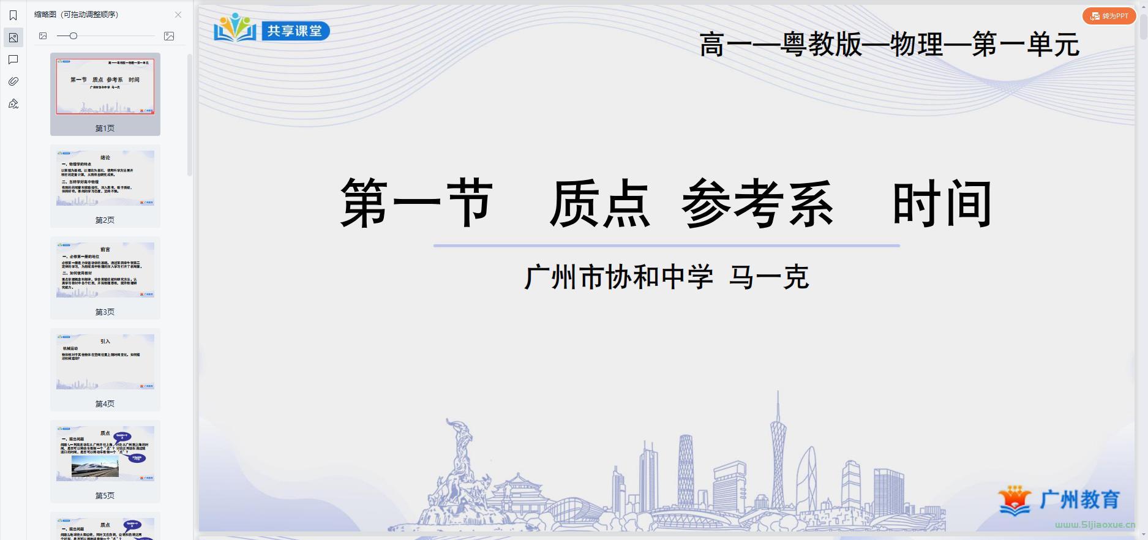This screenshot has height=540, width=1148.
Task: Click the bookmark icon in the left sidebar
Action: coord(13,15)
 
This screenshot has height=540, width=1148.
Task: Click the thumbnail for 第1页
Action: coord(105,87)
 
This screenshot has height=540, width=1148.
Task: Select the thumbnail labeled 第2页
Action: coord(105,178)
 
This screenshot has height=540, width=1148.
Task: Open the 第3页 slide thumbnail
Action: coord(105,270)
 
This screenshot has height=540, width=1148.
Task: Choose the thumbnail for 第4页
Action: coord(105,362)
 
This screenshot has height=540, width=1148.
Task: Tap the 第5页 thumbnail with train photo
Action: coord(105,454)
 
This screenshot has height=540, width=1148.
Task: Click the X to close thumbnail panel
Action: coord(178,15)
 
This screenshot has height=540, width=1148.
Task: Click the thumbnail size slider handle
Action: coord(73,36)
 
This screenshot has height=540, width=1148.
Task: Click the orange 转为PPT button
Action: coord(1109,16)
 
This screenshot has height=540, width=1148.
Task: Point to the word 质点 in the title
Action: coord(599,204)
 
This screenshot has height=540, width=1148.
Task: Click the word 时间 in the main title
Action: coord(942,204)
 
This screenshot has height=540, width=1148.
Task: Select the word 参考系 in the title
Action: coord(757,204)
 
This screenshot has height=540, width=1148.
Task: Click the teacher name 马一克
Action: coord(769,277)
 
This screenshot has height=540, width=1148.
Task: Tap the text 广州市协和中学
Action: coord(618,277)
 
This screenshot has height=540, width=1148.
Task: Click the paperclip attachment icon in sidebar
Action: coord(13,81)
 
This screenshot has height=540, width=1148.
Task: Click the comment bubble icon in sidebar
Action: coord(13,59)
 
